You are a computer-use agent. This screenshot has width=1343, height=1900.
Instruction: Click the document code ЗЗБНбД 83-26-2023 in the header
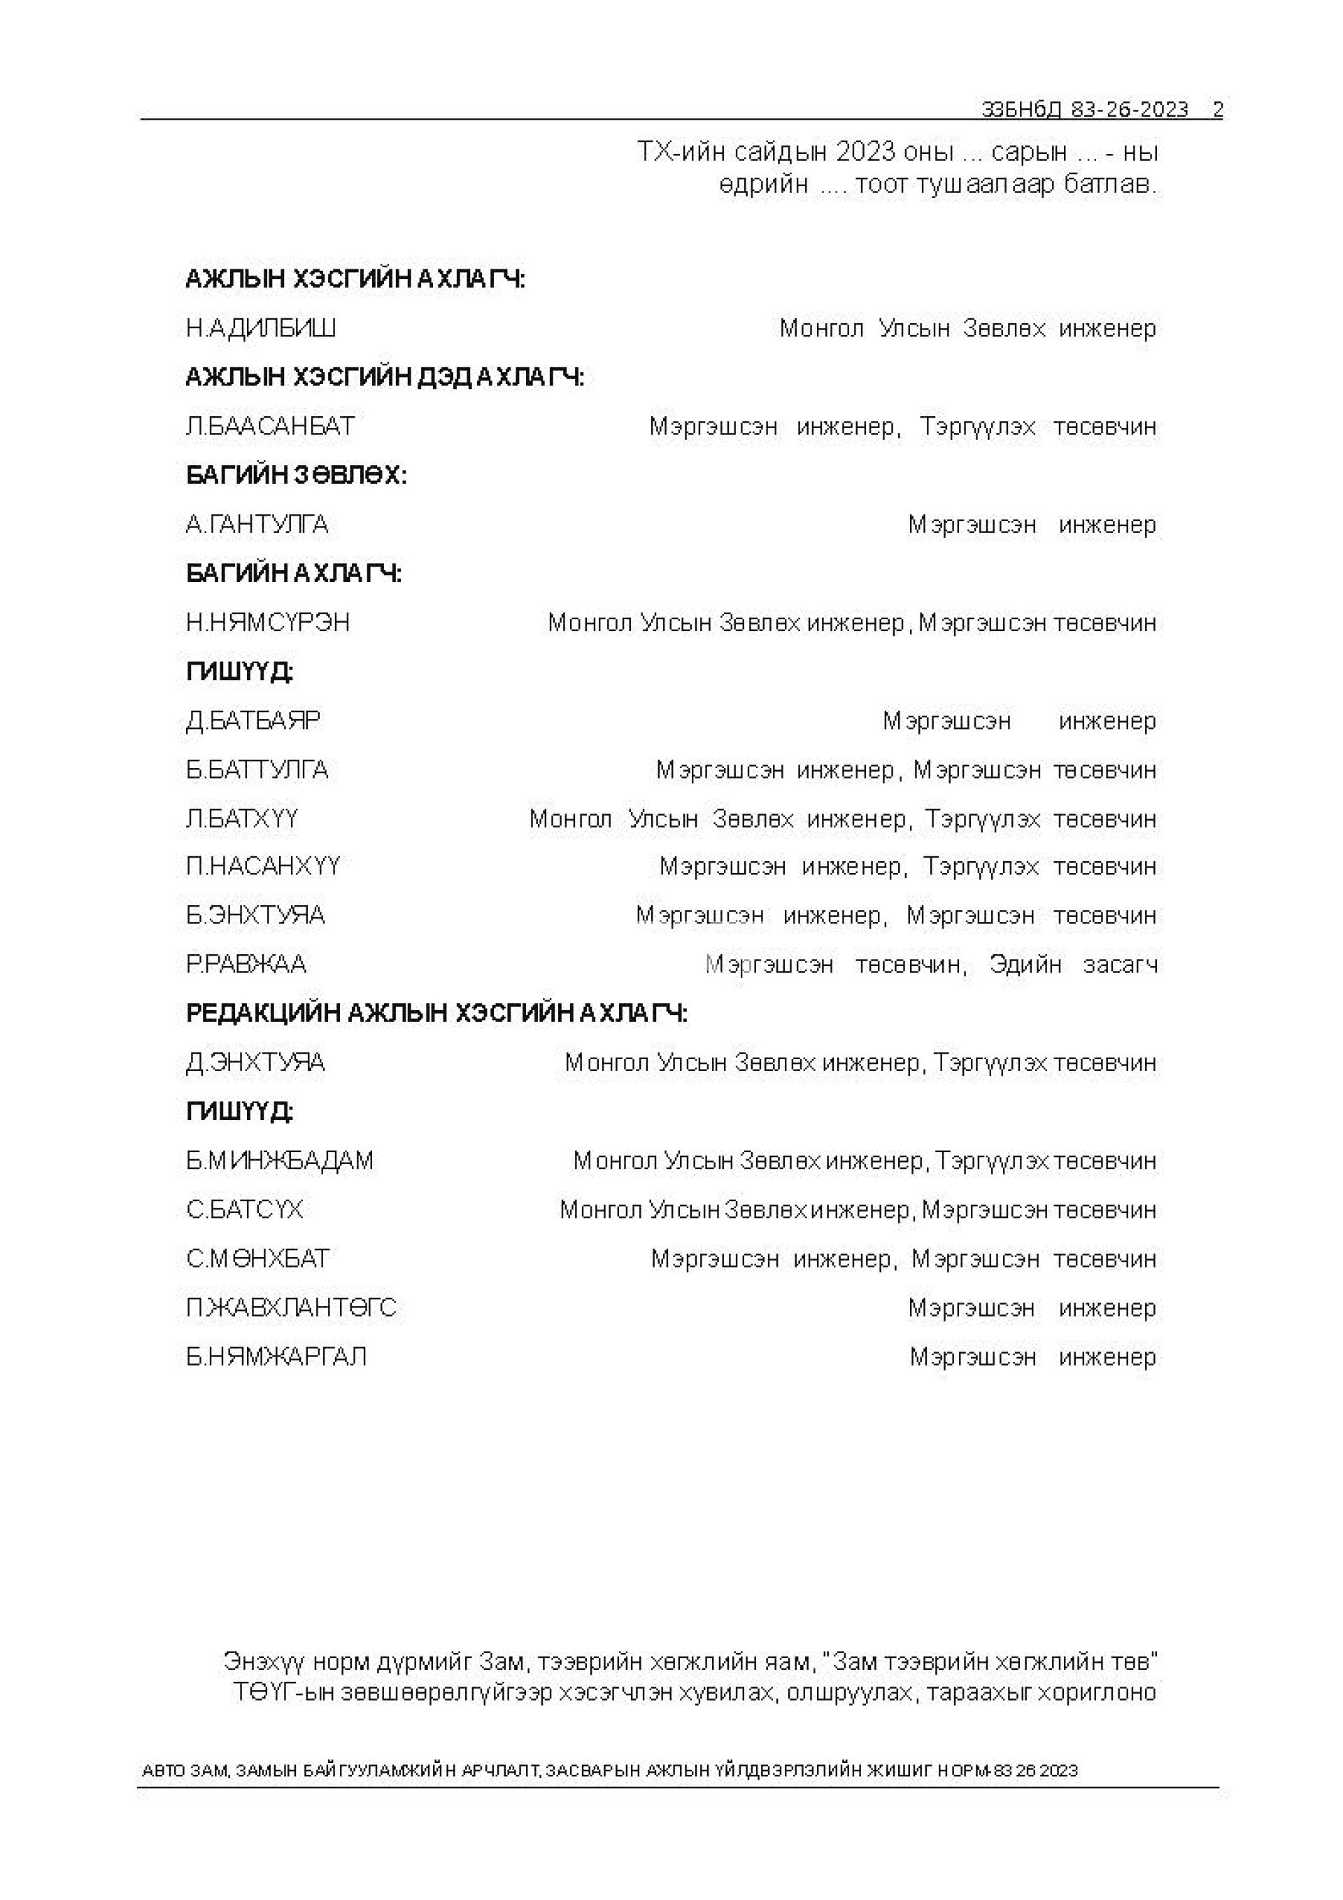click(x=1084, y=110)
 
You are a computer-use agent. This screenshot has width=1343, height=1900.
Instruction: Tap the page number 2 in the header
click(x=1217, y=110)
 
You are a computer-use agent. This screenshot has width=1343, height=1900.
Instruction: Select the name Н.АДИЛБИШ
click(x=261, y=329)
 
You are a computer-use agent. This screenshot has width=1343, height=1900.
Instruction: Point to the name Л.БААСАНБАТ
click(x=271, y=426)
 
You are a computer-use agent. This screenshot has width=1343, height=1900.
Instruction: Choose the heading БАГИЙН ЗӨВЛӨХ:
click(x=297, y=475)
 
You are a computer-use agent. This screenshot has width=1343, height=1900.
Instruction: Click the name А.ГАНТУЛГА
click(x=257, y=524)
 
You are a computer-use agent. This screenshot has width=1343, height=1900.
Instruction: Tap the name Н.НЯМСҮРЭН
click(x=268, y=623)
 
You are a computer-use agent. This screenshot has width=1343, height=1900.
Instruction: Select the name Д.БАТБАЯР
click(x=253, y=720)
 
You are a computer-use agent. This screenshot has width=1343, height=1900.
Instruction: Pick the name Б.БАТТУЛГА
click(x=257, y=770)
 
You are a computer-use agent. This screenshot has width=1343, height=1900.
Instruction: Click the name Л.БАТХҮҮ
click(x=241, y=818)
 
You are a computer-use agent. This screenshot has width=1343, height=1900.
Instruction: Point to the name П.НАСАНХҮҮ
click(x=263, y=867)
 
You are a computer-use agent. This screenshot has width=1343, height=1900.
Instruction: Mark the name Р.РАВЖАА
click(x=247, y=964)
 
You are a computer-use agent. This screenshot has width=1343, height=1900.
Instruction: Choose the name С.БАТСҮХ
click(x=245, y=1209)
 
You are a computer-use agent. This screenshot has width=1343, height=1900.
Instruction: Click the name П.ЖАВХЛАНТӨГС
click(x=291, y=1307)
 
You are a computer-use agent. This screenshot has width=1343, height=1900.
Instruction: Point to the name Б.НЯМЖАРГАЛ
click(x=276, y=1356)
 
